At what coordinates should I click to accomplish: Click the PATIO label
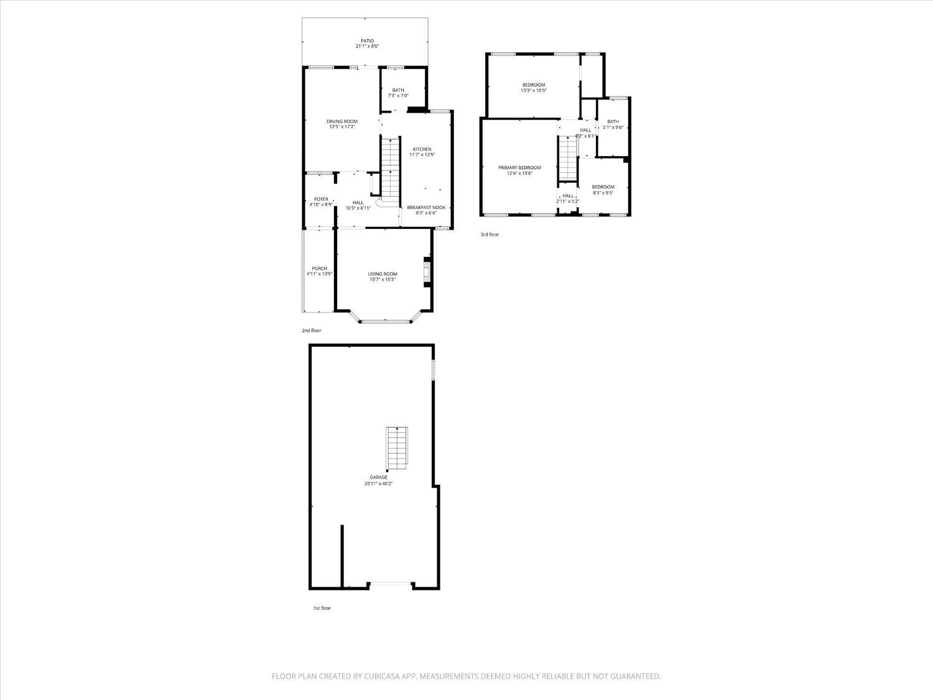click(x=367, y=41)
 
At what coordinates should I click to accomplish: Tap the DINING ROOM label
click(x=342, y=121)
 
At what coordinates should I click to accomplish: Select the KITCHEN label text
click(x=422, y=149)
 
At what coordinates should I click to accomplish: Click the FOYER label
click(x=321, y=199)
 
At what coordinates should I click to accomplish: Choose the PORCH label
click(x=319, y=269)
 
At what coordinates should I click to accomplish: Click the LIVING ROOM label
click(x=383, y=274)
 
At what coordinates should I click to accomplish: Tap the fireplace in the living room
click(x=427, y=271)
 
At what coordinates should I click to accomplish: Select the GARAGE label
click(x=378, y=477)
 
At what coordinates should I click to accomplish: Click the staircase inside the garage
click(x=396, y=448)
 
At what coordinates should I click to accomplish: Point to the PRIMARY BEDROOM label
click(x=519, y=167)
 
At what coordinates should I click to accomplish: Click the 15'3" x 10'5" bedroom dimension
click(x=533, y=91)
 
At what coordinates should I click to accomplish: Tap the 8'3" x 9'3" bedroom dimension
click(x=603, y=193)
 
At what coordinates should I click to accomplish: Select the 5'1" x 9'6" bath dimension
click(x=613, y=128)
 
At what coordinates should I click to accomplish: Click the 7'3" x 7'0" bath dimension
click(x=398, y=96)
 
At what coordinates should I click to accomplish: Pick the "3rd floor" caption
click(x=489, y=235)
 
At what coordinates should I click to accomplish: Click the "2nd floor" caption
click(x=311, y=330)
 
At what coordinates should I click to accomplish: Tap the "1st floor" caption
click(x=322, y=608)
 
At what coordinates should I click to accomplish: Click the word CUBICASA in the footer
click(x=386, y=676)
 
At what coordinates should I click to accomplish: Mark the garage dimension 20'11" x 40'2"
click(x=378, y=483)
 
